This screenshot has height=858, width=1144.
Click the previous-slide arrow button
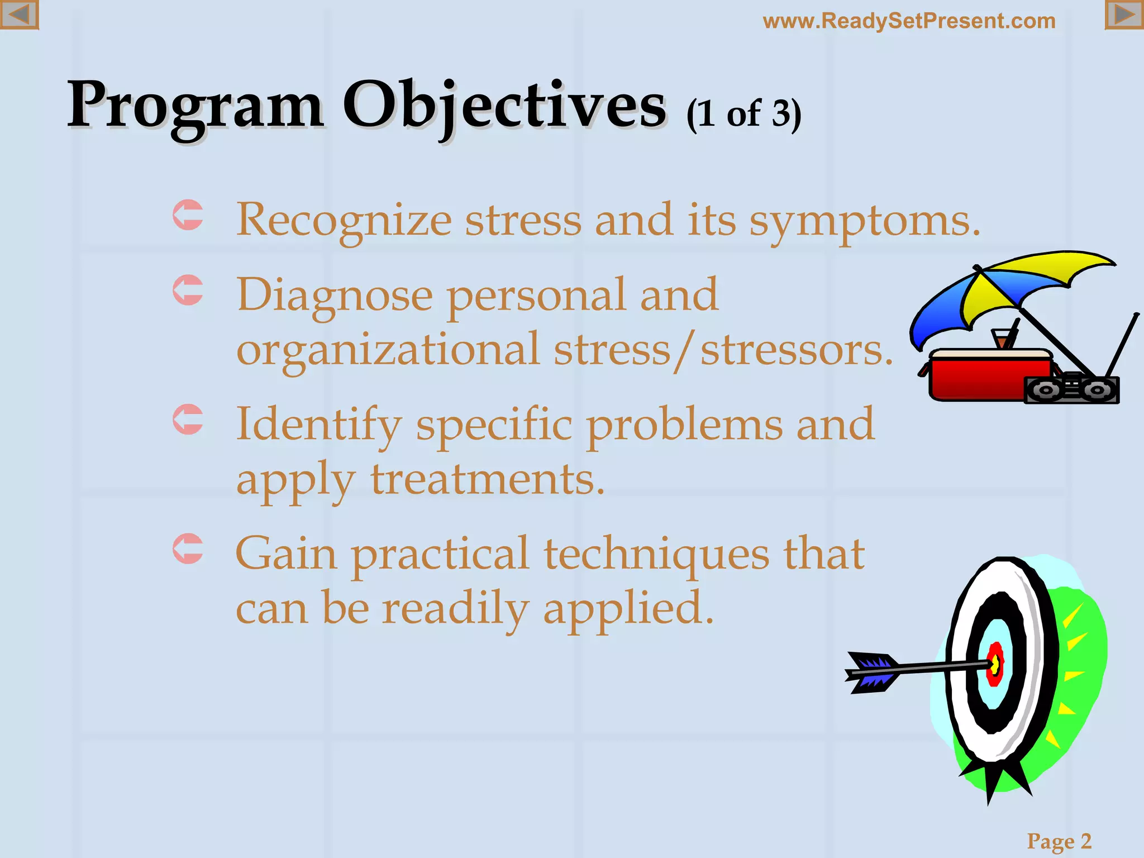[x=19, y=15]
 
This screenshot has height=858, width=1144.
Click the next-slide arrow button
[x=1124, y=15]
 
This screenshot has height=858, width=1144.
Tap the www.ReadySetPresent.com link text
[x=909, y=21]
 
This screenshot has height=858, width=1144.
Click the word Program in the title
[x=195, y=106]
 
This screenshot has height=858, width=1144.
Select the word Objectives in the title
[x=504, y=106]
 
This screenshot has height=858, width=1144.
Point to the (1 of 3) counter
[x=743, y=115]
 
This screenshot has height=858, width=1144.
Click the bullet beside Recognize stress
[x=188, y=215]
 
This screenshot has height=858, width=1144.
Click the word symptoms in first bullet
[x=864, y=221]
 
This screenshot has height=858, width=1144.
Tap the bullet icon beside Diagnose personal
[x=188, y=290]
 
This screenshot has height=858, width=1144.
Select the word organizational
[x=388, y=351]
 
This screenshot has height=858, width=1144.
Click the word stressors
[x=797, y=351]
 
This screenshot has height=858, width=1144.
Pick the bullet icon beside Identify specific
[x=188, y=419]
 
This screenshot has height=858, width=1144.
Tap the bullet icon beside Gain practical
[x=188, y=549]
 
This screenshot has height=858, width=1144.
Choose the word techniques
[x=656, y=554]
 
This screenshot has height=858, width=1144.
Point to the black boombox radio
[x=1071, y=389]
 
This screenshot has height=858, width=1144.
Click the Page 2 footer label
[x=1059, y=841]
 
